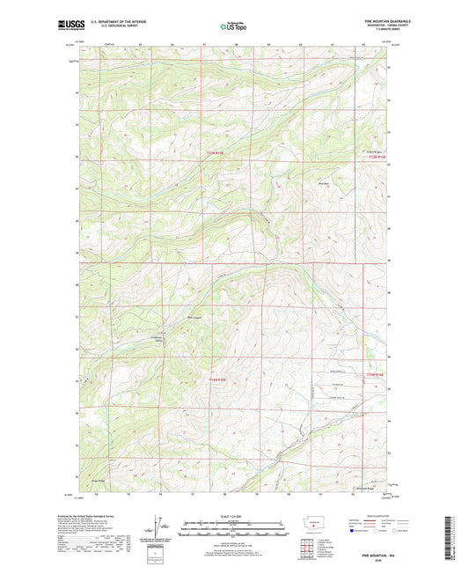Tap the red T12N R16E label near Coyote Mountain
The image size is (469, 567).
(x=377, y=158)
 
